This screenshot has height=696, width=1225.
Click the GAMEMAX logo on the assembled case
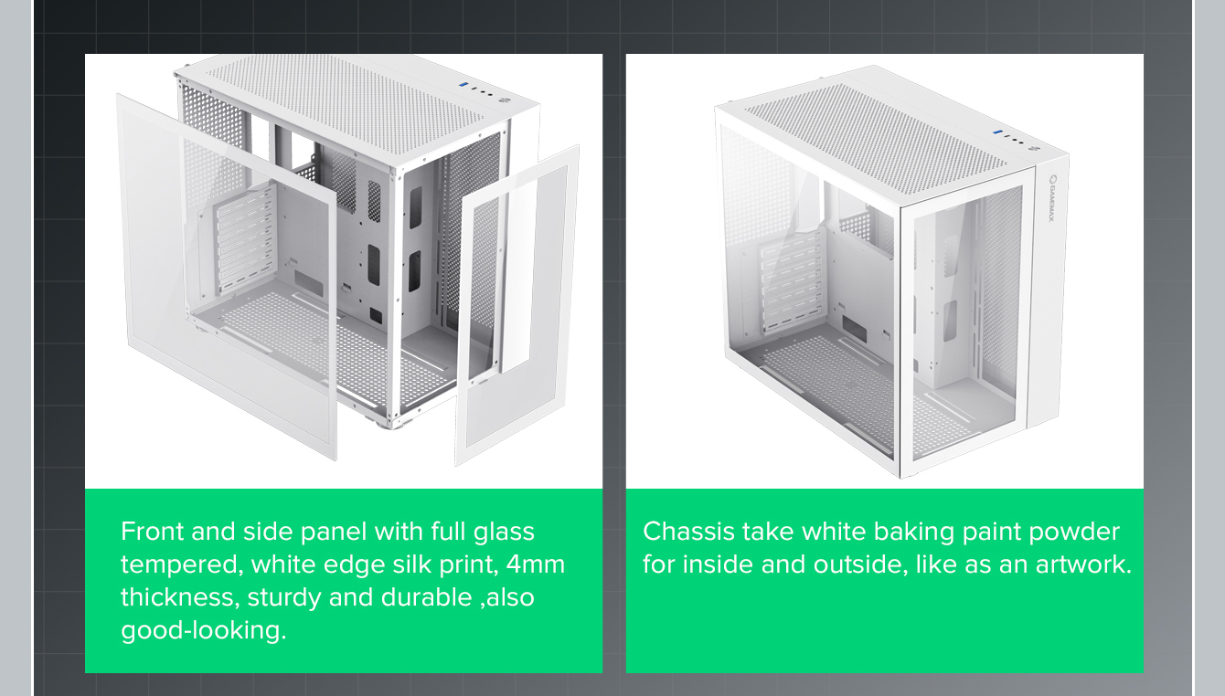click(1051, 198)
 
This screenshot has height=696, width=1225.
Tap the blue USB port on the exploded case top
click(463, 85)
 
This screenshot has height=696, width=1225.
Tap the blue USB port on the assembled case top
click(997, 132)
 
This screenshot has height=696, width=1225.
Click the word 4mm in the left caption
click(536, 564)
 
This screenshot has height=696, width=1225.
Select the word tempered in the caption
click(182, 565)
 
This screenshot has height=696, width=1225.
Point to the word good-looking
click(204, 631)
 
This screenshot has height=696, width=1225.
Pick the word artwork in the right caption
click(1082, 564)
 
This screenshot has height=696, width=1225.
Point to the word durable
click(427, 596)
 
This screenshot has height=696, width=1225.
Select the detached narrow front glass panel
click(517, 306)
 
